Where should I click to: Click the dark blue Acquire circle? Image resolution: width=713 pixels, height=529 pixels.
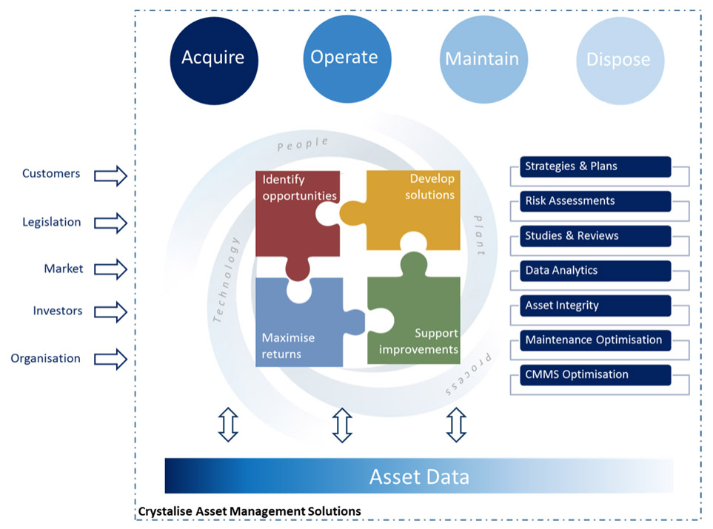point(213,58)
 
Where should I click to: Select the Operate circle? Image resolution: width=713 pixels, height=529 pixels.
point(344,58)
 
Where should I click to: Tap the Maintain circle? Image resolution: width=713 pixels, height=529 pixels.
point(482,59)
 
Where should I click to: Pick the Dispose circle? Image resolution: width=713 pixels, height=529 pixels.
point(618,60)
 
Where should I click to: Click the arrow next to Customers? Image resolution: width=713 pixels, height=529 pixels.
point(111,175)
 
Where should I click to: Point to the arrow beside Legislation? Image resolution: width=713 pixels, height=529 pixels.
point(111,222)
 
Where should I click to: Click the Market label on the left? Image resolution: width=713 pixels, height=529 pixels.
point(64,269)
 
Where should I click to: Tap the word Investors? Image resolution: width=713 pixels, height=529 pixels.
point(58,311)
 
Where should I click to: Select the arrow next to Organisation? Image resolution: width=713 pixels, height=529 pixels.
point(111,360)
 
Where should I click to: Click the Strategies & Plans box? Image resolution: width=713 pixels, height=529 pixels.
point(595,166)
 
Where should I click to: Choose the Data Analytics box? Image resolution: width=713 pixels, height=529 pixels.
point(595,271)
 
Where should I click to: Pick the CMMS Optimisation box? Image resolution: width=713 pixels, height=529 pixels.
point(595,374)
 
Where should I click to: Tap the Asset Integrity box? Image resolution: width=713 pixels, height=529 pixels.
point(595,306)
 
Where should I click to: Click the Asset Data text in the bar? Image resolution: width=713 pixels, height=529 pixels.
point(419,476)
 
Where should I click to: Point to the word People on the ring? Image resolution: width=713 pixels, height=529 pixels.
point(302,144)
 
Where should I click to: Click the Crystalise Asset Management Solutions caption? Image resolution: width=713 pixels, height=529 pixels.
point(250,511)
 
